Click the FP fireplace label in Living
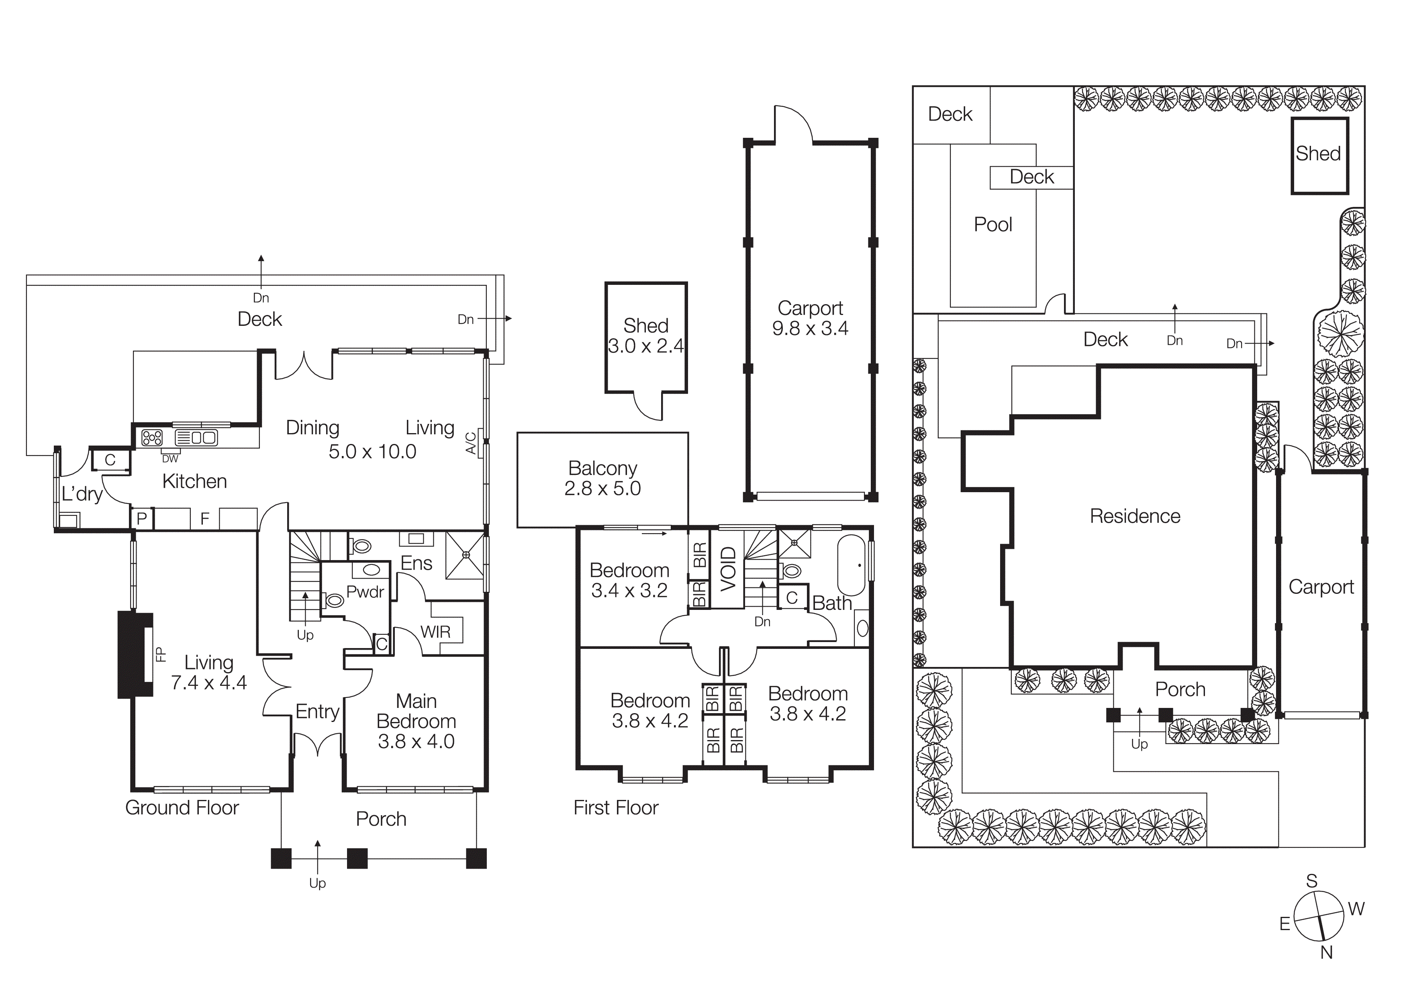[x=161, y=655]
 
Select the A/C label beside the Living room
[x=471, y=443]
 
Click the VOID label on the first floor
[x=728, y=569]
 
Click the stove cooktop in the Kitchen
[x=151, y=438]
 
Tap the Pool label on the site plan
[x=992, y=225]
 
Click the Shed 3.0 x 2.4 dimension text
[x=645, y=346]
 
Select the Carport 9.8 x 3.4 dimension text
[x=810, y=328]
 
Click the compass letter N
[x=1326, y=953]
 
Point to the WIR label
[x=435, y=632]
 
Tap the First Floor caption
[x=615, y=808]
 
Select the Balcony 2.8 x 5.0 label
[x=602, y=478]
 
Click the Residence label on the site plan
[x=1135, y=516]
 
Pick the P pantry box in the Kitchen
[x=142, y=519]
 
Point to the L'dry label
[x=82, y=494]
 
